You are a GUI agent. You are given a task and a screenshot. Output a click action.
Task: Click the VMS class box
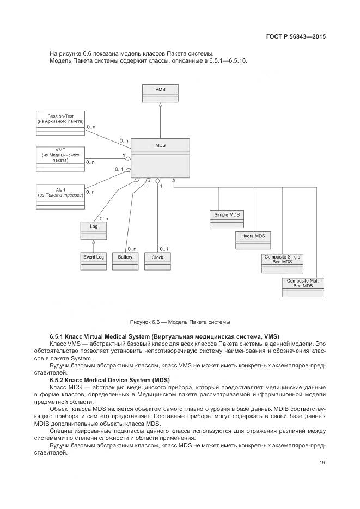[160, 93]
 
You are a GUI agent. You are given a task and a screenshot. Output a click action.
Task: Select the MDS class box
[160, 157]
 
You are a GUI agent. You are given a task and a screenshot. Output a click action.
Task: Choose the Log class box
[94, 230]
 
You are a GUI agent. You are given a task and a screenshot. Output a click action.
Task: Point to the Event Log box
[94, 261]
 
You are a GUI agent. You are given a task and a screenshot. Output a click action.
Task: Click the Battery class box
[125, 261]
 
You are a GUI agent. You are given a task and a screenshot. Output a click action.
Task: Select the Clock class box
[157, 261]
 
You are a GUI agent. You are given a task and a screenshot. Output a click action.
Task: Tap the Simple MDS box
[227, 219]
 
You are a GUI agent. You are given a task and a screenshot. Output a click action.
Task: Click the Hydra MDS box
[253, 240]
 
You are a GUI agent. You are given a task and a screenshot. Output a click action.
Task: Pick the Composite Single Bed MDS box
[282, 263]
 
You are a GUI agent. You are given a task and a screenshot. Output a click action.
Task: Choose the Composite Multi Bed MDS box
[303, 287]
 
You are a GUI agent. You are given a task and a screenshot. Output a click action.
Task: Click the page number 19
[322, 463]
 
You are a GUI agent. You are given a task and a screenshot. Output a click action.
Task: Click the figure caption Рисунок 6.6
[179, 322]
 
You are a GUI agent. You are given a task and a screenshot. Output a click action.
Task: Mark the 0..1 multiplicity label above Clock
[164, 249]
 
